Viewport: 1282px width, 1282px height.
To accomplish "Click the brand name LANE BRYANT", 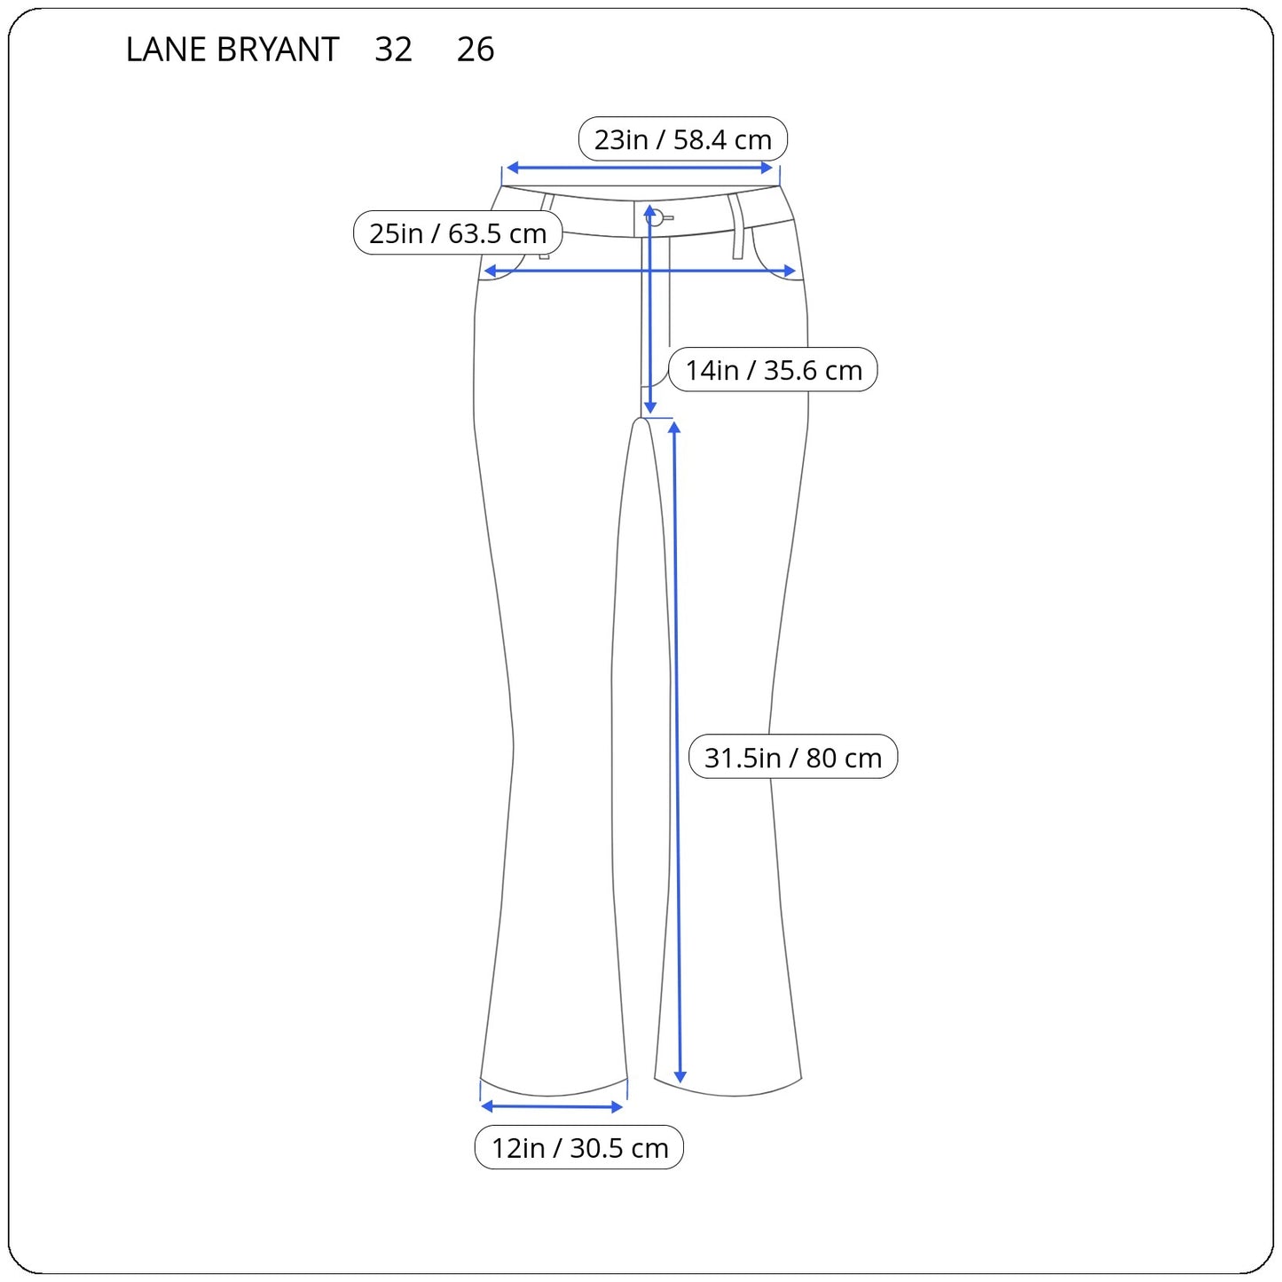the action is (x=232, y=50).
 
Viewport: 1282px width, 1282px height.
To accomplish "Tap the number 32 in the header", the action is (x=393, y=50).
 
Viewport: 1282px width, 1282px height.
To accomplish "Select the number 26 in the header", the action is (x=475, y=50).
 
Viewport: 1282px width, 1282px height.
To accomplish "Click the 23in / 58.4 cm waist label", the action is (x=682, y=139).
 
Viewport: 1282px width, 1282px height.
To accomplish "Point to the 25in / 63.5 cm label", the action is (x=458, y=232).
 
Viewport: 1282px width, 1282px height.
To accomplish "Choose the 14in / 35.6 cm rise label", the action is (x=773, y=370).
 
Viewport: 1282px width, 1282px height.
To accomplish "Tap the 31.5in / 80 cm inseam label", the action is (x=793, y=757).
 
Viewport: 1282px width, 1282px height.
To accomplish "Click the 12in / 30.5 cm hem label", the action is (x=579, y=1148).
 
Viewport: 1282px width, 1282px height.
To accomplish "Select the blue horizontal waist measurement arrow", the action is (x=640, y=168).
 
